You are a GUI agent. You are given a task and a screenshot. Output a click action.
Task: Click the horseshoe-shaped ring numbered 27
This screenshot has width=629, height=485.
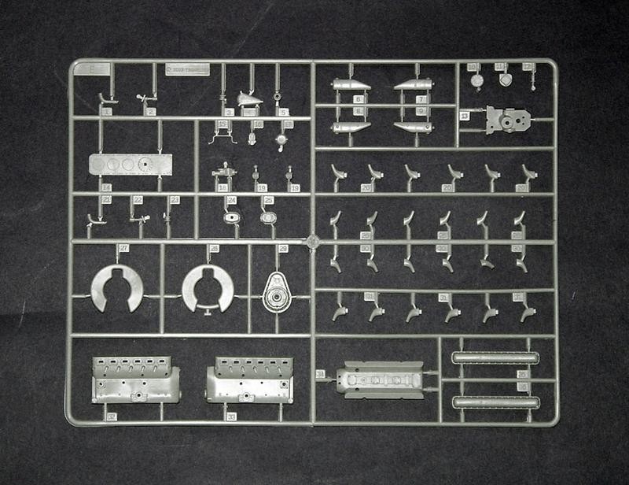tap(116, 287)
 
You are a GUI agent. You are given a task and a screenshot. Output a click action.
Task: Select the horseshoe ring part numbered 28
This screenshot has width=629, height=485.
tap(208, 287)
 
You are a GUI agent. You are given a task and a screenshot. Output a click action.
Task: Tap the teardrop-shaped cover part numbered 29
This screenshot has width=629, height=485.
tap(277, 292)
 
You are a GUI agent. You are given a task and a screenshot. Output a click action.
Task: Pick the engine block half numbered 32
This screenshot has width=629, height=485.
tap(135, 379)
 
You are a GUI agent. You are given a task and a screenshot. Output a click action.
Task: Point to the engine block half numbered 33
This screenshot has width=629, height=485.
tap(249, 379)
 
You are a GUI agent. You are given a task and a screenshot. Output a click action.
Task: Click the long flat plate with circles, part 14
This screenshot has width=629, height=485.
tap(131, 165)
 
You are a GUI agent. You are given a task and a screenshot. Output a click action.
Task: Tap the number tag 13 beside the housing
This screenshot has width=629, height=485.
tap(465, 116)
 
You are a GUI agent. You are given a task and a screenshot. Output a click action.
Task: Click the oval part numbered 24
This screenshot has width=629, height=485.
tap(233, 217)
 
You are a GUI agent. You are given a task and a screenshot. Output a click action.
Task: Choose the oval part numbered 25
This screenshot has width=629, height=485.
tap(269, 217)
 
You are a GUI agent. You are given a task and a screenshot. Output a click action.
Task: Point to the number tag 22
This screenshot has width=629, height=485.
tap(138, 200)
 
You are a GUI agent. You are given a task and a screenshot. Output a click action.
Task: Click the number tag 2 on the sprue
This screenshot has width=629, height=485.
tap(150, 112)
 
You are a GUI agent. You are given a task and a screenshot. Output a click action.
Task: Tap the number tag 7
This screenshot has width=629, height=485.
tap(421, 99)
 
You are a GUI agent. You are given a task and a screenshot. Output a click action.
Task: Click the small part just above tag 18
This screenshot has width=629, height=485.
tap(223, 173)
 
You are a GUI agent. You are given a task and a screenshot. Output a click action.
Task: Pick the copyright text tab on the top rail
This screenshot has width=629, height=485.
tap(187, 68)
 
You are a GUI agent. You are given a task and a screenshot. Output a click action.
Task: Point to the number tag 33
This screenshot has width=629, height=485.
tap(231, 416)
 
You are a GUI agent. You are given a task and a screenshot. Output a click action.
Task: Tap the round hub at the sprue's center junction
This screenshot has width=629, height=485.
tap(312, 241)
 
